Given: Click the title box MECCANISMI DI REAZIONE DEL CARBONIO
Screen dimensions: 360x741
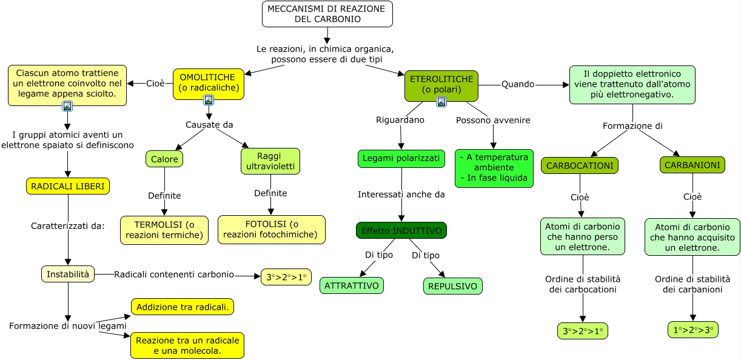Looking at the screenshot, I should (x=327, y=14).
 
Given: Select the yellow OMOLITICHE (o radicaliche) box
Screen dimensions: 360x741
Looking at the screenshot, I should (x=209, y=82).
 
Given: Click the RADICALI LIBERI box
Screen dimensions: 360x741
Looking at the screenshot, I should (x=68, y=186).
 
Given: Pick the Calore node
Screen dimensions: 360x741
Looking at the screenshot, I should (x=164, y=159).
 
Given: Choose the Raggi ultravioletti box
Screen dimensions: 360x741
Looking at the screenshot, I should (x=270, y=161).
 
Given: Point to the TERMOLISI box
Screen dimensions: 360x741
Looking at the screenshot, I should (x=164, y=230).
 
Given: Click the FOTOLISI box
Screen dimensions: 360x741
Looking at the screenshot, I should (x=271, y=230).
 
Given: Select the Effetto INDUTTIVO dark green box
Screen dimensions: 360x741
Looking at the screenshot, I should (x=401, y=230).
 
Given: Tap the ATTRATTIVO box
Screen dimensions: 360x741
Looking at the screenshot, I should (x=352, y=285).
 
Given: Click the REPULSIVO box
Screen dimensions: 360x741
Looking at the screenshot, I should (x=452, y=286).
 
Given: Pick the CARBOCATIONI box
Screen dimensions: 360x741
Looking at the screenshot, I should (x=579, y=165).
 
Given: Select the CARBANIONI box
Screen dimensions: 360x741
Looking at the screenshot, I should (x=692, y=164).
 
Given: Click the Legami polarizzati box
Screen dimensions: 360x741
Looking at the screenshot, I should (x=401, y=159).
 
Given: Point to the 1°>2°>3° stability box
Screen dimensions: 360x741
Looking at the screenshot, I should (x=692, y=330).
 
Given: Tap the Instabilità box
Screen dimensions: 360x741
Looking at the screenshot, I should (x=68, y=274).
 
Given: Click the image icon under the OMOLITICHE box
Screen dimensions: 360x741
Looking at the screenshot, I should (x=209, y=100).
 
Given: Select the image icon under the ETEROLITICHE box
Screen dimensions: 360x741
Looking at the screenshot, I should (x=441, y=102).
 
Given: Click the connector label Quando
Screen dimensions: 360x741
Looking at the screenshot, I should (x=518, y=84).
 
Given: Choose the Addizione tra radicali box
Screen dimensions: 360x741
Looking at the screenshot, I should (x=183, y=307).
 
